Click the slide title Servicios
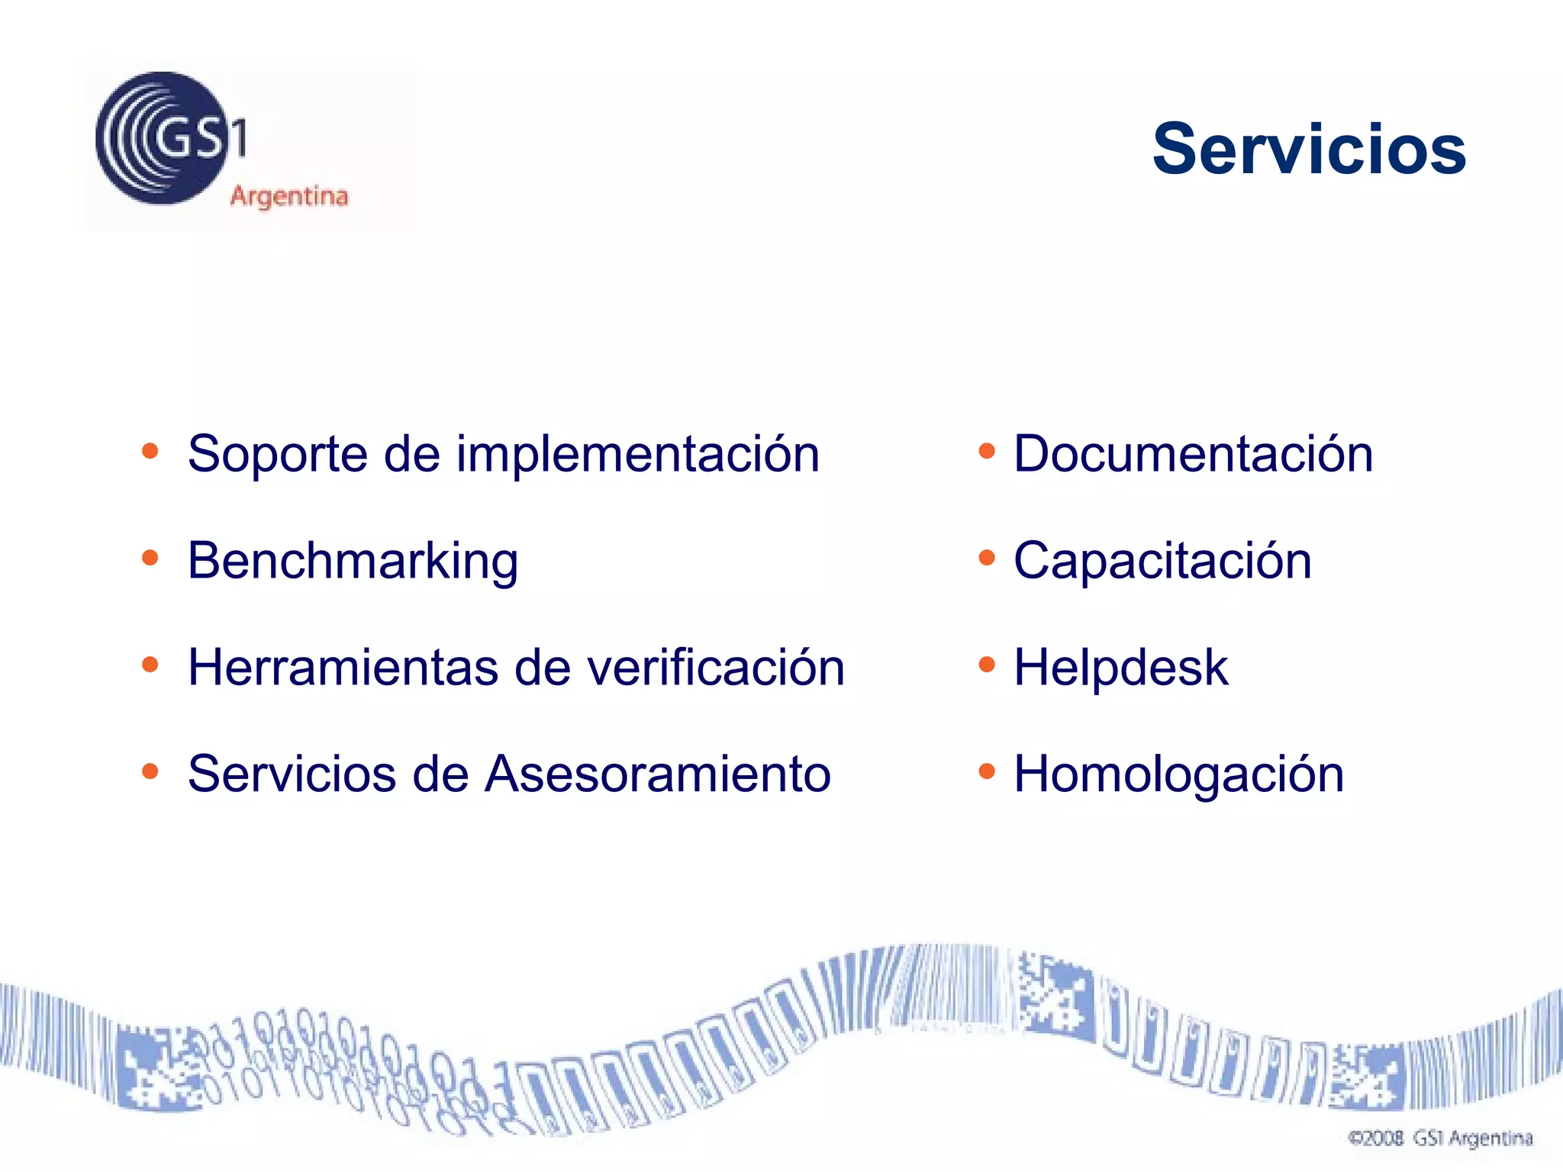point(1308,149)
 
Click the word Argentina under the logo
point(289,197)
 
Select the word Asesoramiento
point(658,774)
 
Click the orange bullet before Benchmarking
point(150,558)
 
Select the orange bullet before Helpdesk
point(987,665)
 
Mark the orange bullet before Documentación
point(987,451)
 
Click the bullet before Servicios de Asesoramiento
point(150,771)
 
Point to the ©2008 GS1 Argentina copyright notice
point(1440,1138)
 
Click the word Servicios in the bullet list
point(292,774)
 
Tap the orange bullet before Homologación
point(987,771)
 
